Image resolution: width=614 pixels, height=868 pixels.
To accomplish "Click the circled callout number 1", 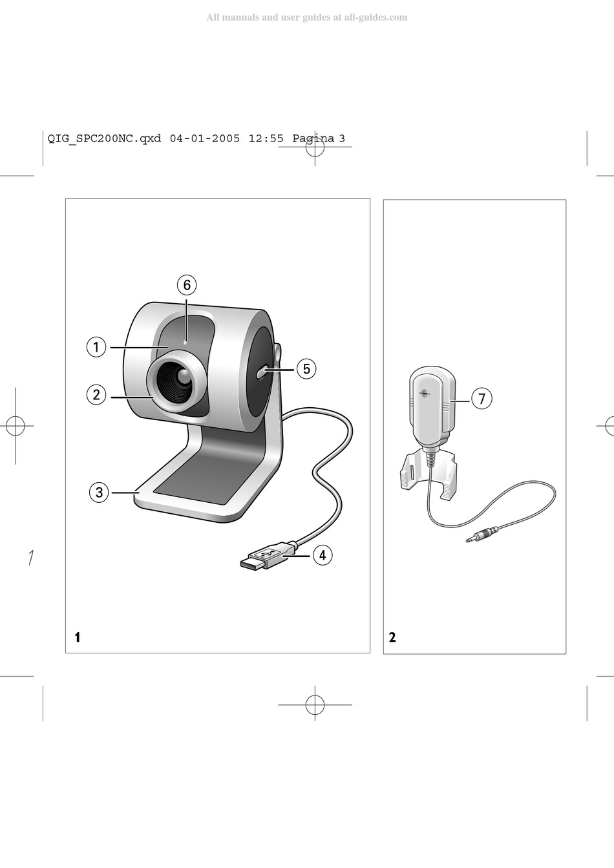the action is point(96,347).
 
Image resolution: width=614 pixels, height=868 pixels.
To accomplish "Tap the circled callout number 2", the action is point(96,394).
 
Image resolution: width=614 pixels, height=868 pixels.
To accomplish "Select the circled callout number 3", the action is point(99,492).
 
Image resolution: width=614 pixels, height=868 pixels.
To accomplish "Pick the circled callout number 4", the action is point(323,555).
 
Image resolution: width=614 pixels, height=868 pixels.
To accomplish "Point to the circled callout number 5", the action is point(306,369).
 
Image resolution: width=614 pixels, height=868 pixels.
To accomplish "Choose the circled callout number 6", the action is point(186,285).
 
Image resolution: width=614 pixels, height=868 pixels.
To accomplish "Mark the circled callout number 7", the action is point(482,399).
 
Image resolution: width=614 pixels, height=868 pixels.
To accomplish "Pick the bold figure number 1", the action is point(77,637).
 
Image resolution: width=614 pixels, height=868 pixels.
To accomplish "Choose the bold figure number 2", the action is point(392,637).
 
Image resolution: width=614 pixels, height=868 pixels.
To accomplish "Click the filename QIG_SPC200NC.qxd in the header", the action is point(105,138).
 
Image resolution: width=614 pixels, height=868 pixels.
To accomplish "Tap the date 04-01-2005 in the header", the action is point(205,138).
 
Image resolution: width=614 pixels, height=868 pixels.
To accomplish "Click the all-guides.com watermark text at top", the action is point(306,17).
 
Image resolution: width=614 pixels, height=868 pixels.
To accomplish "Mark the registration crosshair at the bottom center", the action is point(315,704).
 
